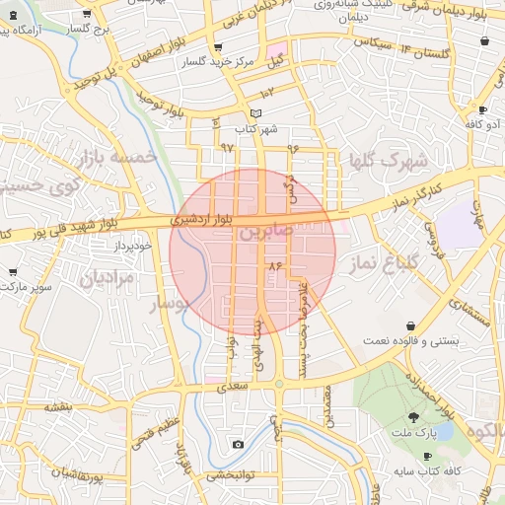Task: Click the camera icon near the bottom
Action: (x=238, y=445)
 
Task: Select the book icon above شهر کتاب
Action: (x=256, y=113)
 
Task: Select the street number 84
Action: (x=274, y=265)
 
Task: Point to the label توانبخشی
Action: (x=229, y=474)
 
